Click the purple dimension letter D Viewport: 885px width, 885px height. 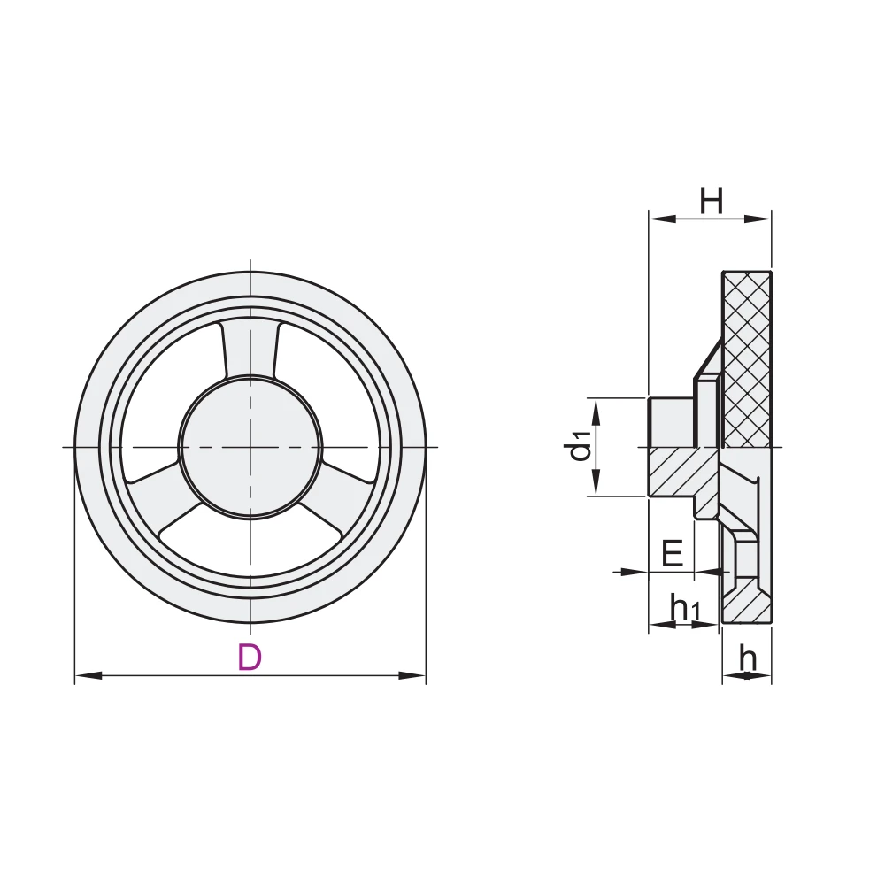pos(250,658)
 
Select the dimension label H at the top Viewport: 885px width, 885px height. pos(712,202)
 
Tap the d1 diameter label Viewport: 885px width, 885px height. pos(580,446)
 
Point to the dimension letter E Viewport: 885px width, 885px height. pos(673,555)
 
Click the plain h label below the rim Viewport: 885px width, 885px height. pos(748,658)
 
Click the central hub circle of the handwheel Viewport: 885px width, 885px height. pos(251,446)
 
